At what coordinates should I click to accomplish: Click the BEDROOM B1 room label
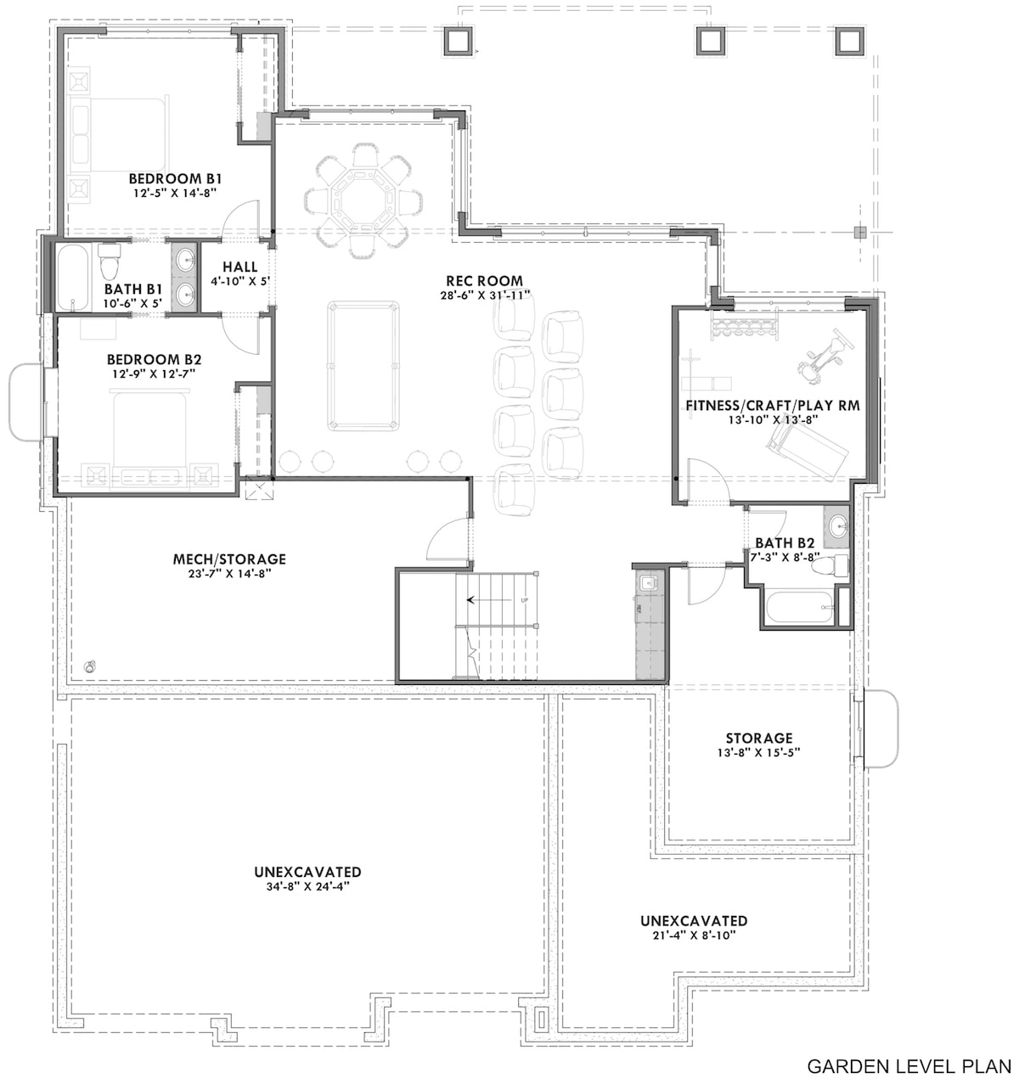click(175, 179)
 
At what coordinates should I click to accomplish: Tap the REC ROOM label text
click(484, 281)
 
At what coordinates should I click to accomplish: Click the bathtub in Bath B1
click(74, 278)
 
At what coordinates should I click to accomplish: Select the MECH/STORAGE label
click(229, 559)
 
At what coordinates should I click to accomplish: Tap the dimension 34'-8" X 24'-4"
click(307, 886)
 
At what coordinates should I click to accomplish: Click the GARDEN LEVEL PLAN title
click(908, 1065)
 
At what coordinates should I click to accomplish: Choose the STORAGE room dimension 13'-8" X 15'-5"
click(758, 752)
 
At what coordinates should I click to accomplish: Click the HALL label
click(239, 267)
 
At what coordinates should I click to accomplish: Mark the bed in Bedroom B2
click(149, 433)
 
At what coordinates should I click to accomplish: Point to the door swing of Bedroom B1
click(239, 216)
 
